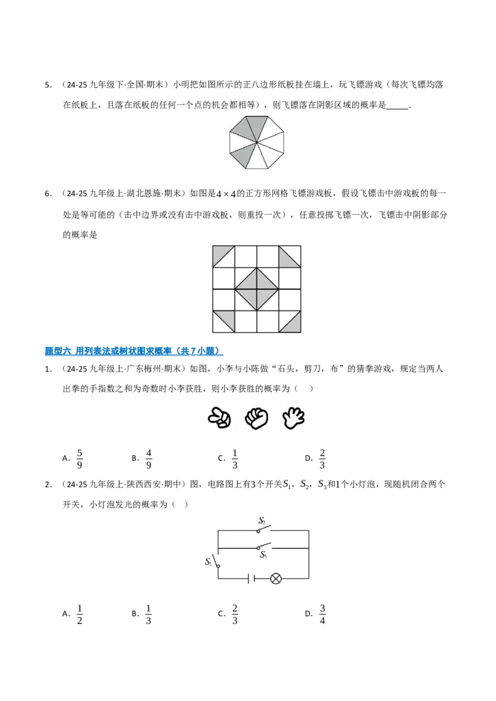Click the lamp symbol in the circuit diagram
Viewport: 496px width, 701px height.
pyautogui.click(x=276, y=579)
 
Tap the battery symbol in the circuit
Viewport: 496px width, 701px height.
pyautogui.click(x=251, y=579)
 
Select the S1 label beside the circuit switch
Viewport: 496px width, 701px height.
pyautogui.click(x=208, y=562)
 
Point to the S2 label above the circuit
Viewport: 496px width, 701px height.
pyautogui.click(x=262, y=520)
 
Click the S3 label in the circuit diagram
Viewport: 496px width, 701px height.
pyautogui.click(x=263, y=555)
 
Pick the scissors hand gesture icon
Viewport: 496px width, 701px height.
pyautogui.click(x=219, y=419)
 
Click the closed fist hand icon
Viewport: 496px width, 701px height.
pyautogui.click(x=257, y=419)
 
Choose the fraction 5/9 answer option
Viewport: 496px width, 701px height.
pyautogui.click(x=80, y=459)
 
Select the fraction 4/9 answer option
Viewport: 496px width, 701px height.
pyautogui.click(x=149, y=459)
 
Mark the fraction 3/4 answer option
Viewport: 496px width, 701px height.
pyautogui.click(x=322, y=614)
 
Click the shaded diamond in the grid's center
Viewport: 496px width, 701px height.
pyautogui.click(x=257, y=289)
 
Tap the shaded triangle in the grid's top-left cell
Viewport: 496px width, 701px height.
pyautogui.click(x=220, y=253)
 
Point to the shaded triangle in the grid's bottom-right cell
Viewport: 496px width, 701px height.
pyautogui.click(x=293, y=325)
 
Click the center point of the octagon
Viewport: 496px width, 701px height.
pyautogui.click(x=257, y=142)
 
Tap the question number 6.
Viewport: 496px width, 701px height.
pyautogui.click(x=48, y=194)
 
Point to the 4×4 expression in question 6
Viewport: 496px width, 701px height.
pyautogui.click(x=226, y=194)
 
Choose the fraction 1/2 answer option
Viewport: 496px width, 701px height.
pyautogui.click(x=80, y=614)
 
